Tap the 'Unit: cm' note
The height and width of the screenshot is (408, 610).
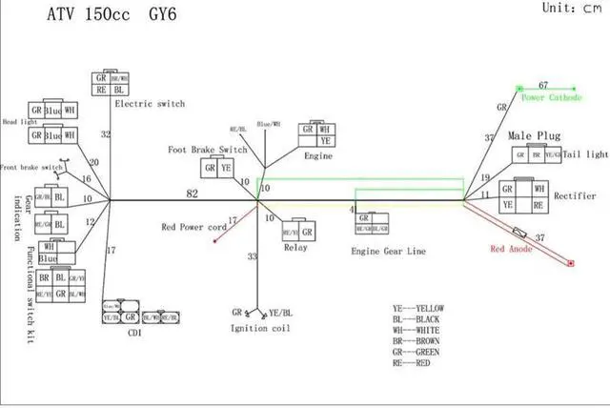point(570,7)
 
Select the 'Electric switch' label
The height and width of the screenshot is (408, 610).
point(149,103)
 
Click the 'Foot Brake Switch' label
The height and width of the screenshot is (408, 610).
point(208,150)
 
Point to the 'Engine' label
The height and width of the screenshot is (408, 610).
point(317,153)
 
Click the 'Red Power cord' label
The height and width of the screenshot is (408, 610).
point(193,228)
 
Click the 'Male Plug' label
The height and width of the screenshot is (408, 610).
point(533,136)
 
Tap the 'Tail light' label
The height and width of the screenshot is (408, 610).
point(584,154)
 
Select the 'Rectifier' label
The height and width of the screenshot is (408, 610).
point(575,195)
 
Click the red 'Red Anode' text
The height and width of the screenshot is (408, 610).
point(511,249)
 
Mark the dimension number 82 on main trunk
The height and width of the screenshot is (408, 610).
point(193,194)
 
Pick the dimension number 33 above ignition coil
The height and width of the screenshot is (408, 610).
point(253,256)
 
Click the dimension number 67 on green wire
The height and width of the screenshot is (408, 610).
point(543,85)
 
